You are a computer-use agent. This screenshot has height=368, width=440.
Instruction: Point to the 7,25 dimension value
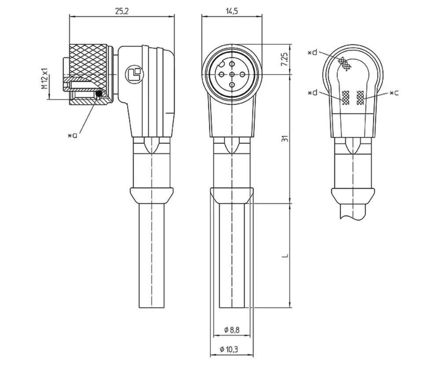click(285, 59)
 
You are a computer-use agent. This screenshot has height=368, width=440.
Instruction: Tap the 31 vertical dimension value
click(285, 139)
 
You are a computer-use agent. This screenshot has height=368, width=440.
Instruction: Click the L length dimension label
click(285, 255)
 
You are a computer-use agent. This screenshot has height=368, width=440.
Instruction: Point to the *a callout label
click(73, 136)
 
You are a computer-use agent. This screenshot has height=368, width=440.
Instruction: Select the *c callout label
click(394, 93)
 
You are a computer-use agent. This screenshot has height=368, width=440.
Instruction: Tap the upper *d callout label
click(312, 53)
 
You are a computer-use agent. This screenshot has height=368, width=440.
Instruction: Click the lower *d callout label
click(312, 93)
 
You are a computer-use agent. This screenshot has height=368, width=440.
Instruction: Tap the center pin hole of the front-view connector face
click(232, 74)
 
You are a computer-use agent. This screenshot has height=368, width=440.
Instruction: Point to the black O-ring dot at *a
click(99, 94)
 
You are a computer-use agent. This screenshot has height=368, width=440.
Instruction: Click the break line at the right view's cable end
click(353, 216)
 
